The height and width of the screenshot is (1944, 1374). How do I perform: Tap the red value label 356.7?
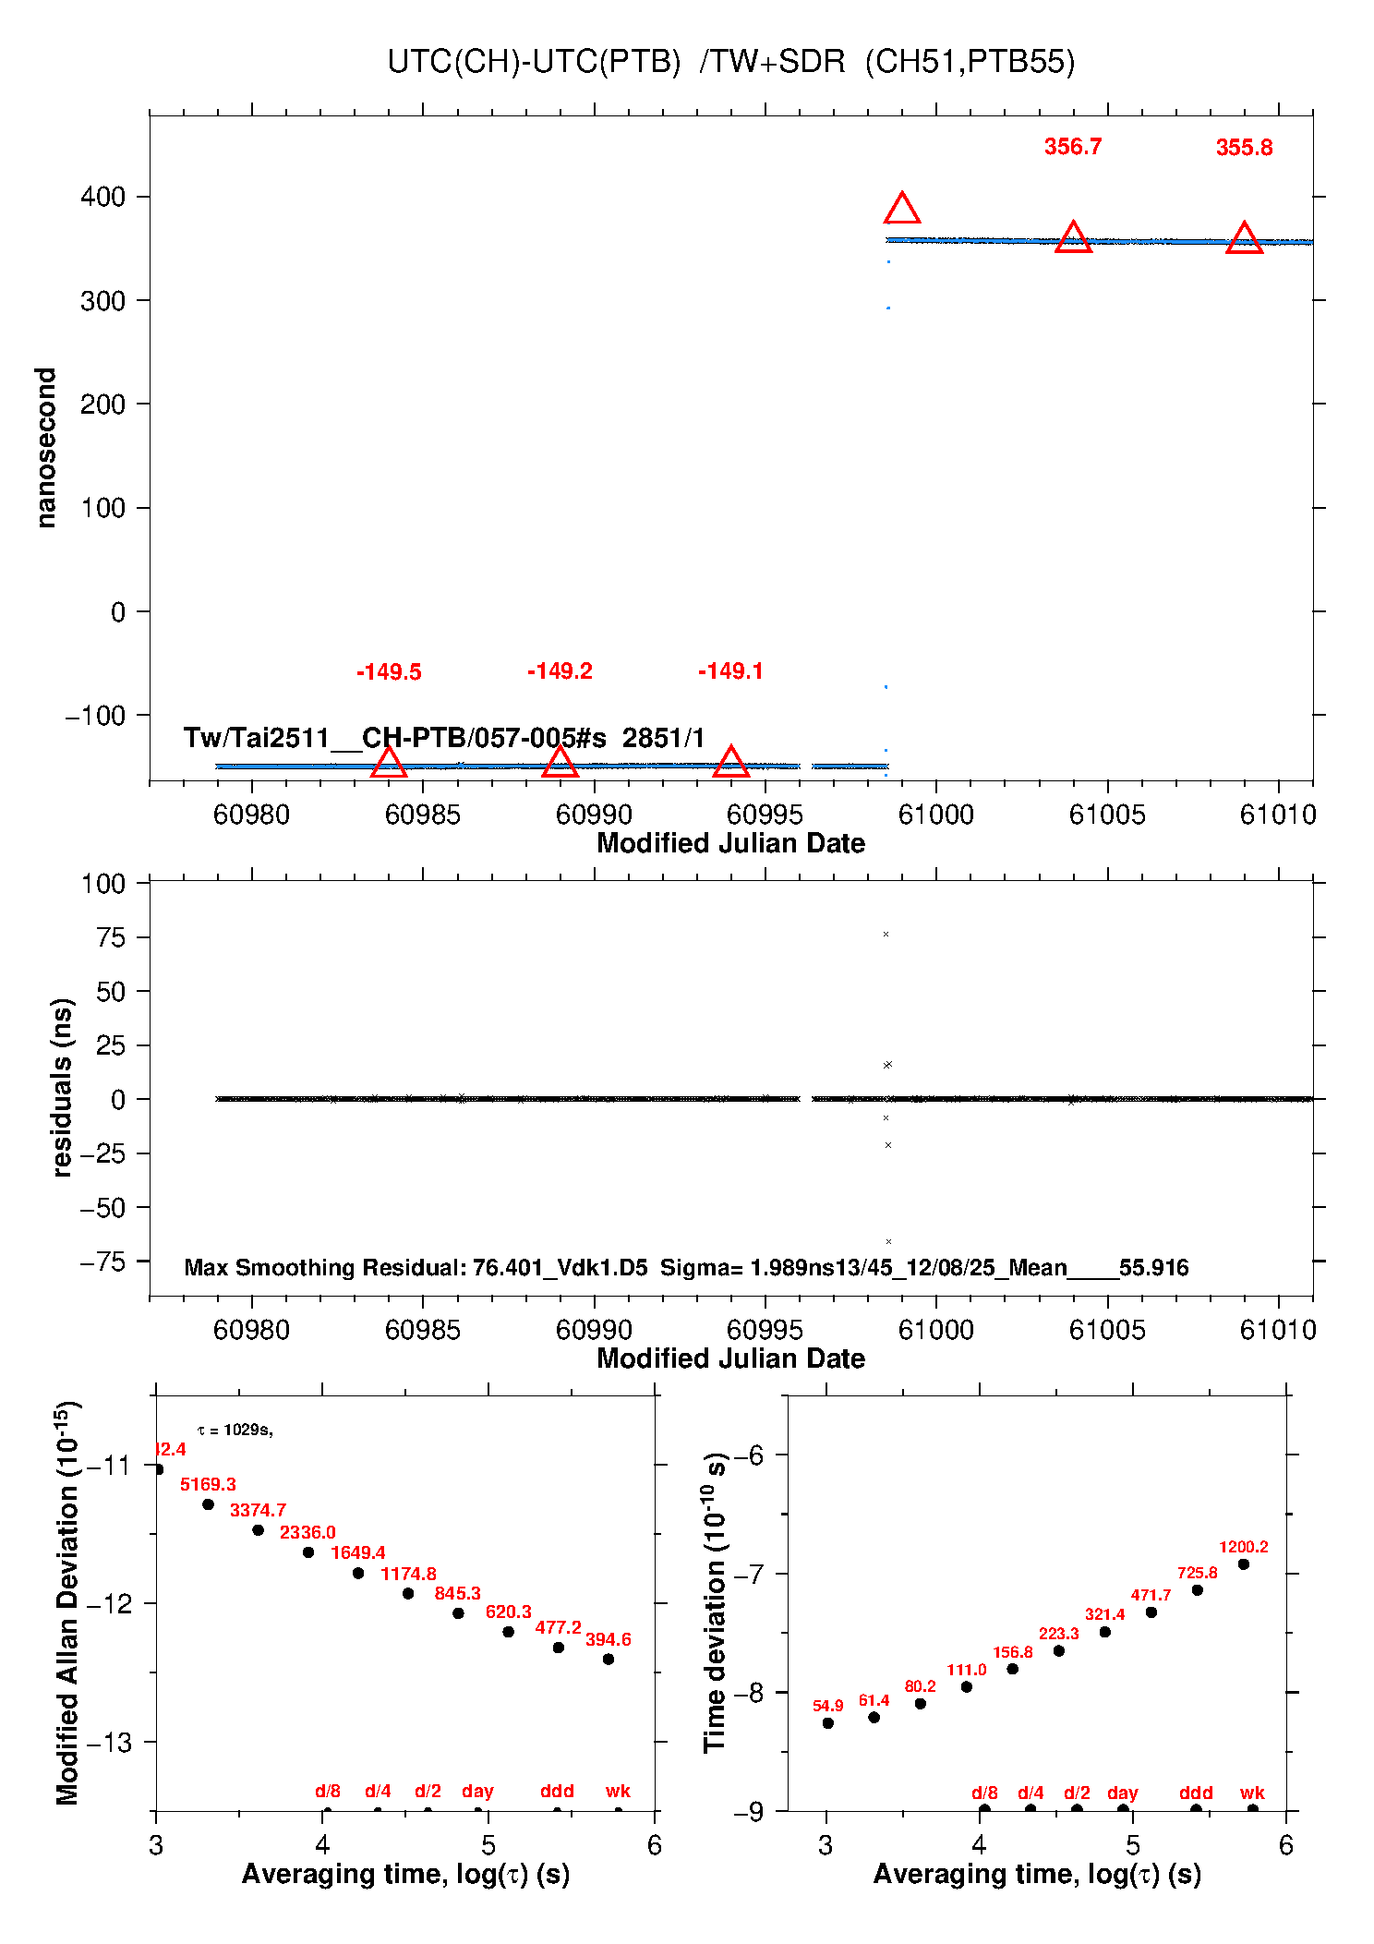[x=1072, y=147]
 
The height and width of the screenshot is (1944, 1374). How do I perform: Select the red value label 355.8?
[x=1244, y=148]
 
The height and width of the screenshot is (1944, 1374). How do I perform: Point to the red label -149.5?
[x=389, y=672]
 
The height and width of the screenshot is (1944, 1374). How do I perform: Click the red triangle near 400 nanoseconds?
[x=902, y=210]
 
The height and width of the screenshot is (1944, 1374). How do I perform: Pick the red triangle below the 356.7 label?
[x=1073, y=238]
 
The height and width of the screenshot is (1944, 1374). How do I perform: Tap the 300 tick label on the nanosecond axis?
[x=102, y=301]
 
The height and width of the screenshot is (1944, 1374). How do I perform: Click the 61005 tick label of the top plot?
[x=1106, y=815]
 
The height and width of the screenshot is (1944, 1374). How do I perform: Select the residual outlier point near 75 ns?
[x=886, y=935]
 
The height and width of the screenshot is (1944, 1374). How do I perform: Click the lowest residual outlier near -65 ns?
[x=888, y=1242]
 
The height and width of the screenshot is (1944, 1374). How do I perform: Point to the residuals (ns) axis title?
[x=62, y=1087]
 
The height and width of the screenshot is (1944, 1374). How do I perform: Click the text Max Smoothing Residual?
[x=323, y=1267]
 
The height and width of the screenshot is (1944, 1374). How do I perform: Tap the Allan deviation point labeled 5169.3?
[x=208, y=1504]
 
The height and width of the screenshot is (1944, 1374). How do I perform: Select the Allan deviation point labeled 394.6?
[x=609, y=1659]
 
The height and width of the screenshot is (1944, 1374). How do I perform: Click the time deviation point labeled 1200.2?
[x=1244, y=1564]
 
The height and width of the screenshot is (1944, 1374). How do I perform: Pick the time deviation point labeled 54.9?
[x=827, y=1723]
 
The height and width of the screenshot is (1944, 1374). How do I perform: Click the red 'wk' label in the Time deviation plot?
[x=1252, y=1793]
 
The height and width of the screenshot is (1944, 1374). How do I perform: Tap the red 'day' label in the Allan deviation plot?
[x=477, y=1791]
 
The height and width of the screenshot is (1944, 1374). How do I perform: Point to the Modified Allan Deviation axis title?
[x=66, y=1602]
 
